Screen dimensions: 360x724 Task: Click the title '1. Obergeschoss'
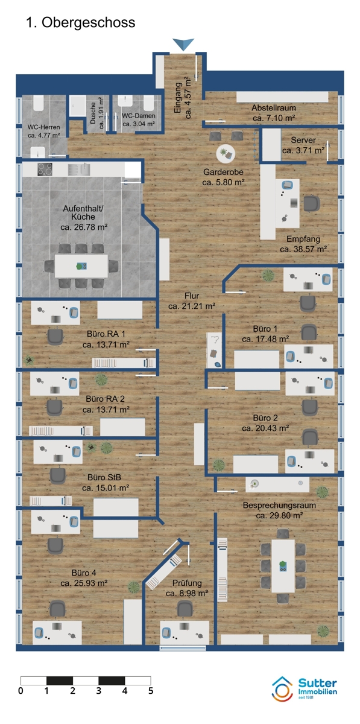click(x=80, y=23)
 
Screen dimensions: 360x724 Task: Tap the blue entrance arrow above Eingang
click(x=183, y=44)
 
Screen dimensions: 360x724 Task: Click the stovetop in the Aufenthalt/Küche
click(x=45, y=169)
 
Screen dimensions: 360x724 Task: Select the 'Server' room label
click(x=303, y=140)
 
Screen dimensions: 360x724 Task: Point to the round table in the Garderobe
click(x=226, y=153)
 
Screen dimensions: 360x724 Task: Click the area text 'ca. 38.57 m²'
click(x=303, y=249)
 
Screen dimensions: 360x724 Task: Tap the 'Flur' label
click(x=192, y=296)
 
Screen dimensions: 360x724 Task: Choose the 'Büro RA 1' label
click(x=106, y=334)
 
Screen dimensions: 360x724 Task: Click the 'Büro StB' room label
click(x=104, y=477)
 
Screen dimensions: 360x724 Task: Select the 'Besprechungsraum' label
click(x=279, y=505)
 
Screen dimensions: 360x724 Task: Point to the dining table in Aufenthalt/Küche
click(x=81, y=266)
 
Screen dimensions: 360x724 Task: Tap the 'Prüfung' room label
click(x=187, y=583)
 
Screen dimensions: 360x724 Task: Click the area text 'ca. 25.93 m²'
click(x=84, y=583)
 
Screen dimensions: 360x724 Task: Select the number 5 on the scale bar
click(x=151, y=691)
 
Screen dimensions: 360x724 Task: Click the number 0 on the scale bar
click(x=21, y=691)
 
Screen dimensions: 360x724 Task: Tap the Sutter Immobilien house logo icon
click(x=282, y=688)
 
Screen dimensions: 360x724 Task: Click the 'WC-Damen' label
click(x=138, y=116)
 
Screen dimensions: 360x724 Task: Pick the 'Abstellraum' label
click(x=274, y=108)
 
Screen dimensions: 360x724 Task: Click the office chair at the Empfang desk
click(x=312, y=204)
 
